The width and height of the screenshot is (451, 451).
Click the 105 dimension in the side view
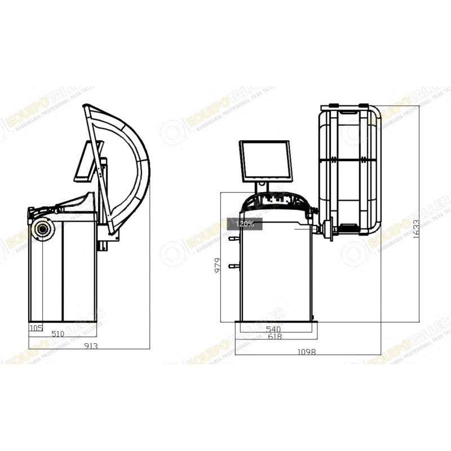point(36,327)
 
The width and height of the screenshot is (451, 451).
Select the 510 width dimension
point(58,334)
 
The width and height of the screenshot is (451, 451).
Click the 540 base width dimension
point(273,328)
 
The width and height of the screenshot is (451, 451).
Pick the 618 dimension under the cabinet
point(275,337)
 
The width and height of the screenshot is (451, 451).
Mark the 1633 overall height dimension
point(415,228)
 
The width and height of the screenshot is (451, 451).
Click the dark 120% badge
point(244,224)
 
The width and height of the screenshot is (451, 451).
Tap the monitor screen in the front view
point(265,161)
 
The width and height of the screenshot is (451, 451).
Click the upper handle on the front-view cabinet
point(232,239)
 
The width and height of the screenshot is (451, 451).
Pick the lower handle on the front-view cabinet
point(232,266)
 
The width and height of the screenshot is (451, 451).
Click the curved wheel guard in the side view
point(132,163)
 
